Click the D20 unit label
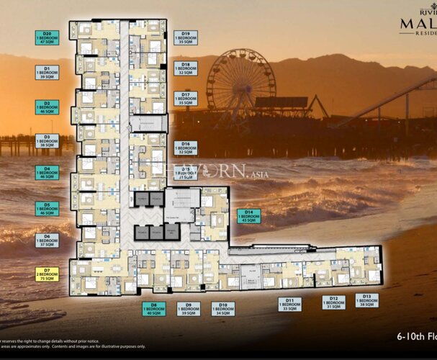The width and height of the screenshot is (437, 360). pyautogui.click(x=47, y=38)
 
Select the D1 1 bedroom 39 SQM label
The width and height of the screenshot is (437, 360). pyautogui.click(x=47, y=72)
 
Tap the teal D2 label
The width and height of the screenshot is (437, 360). pyautogui.click(x=47, y=107)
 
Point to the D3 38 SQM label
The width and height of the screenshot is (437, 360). pyautogui.click(x=47, y=141)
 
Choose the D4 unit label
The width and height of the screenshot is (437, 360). pyautogui.click(x=47, y=172)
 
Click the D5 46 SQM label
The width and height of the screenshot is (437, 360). pyautogui.click(x=47, y=209)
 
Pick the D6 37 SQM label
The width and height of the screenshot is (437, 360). pyautogui.click(x=47, y=240)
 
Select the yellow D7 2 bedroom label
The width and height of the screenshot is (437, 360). pyautogui.click(x=47, y=274)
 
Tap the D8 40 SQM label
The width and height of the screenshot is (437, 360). pyautogui.click(x=153, y=309)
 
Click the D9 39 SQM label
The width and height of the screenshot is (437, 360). pyautogui.click(x=189, y=309)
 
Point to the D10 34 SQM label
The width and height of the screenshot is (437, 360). pyautogui.click(x=223, y=309)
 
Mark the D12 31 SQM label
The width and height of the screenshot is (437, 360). pyautogui.click(x=333, y=302)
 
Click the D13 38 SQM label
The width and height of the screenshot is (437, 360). pyautogui.click(x=366, y=301)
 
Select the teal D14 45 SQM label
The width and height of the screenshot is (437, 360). pyautogui.click(x=249, y=216)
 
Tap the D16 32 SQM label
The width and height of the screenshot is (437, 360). pyautogui.click(x=186, y=148)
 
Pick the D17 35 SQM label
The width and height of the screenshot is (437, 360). pyautogui.click(x=186, y=99)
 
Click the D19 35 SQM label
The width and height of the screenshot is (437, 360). pyautogui.click(x=186, y=37)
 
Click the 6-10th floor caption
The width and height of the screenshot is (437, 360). pyautogui.click(x=417, y=336)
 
